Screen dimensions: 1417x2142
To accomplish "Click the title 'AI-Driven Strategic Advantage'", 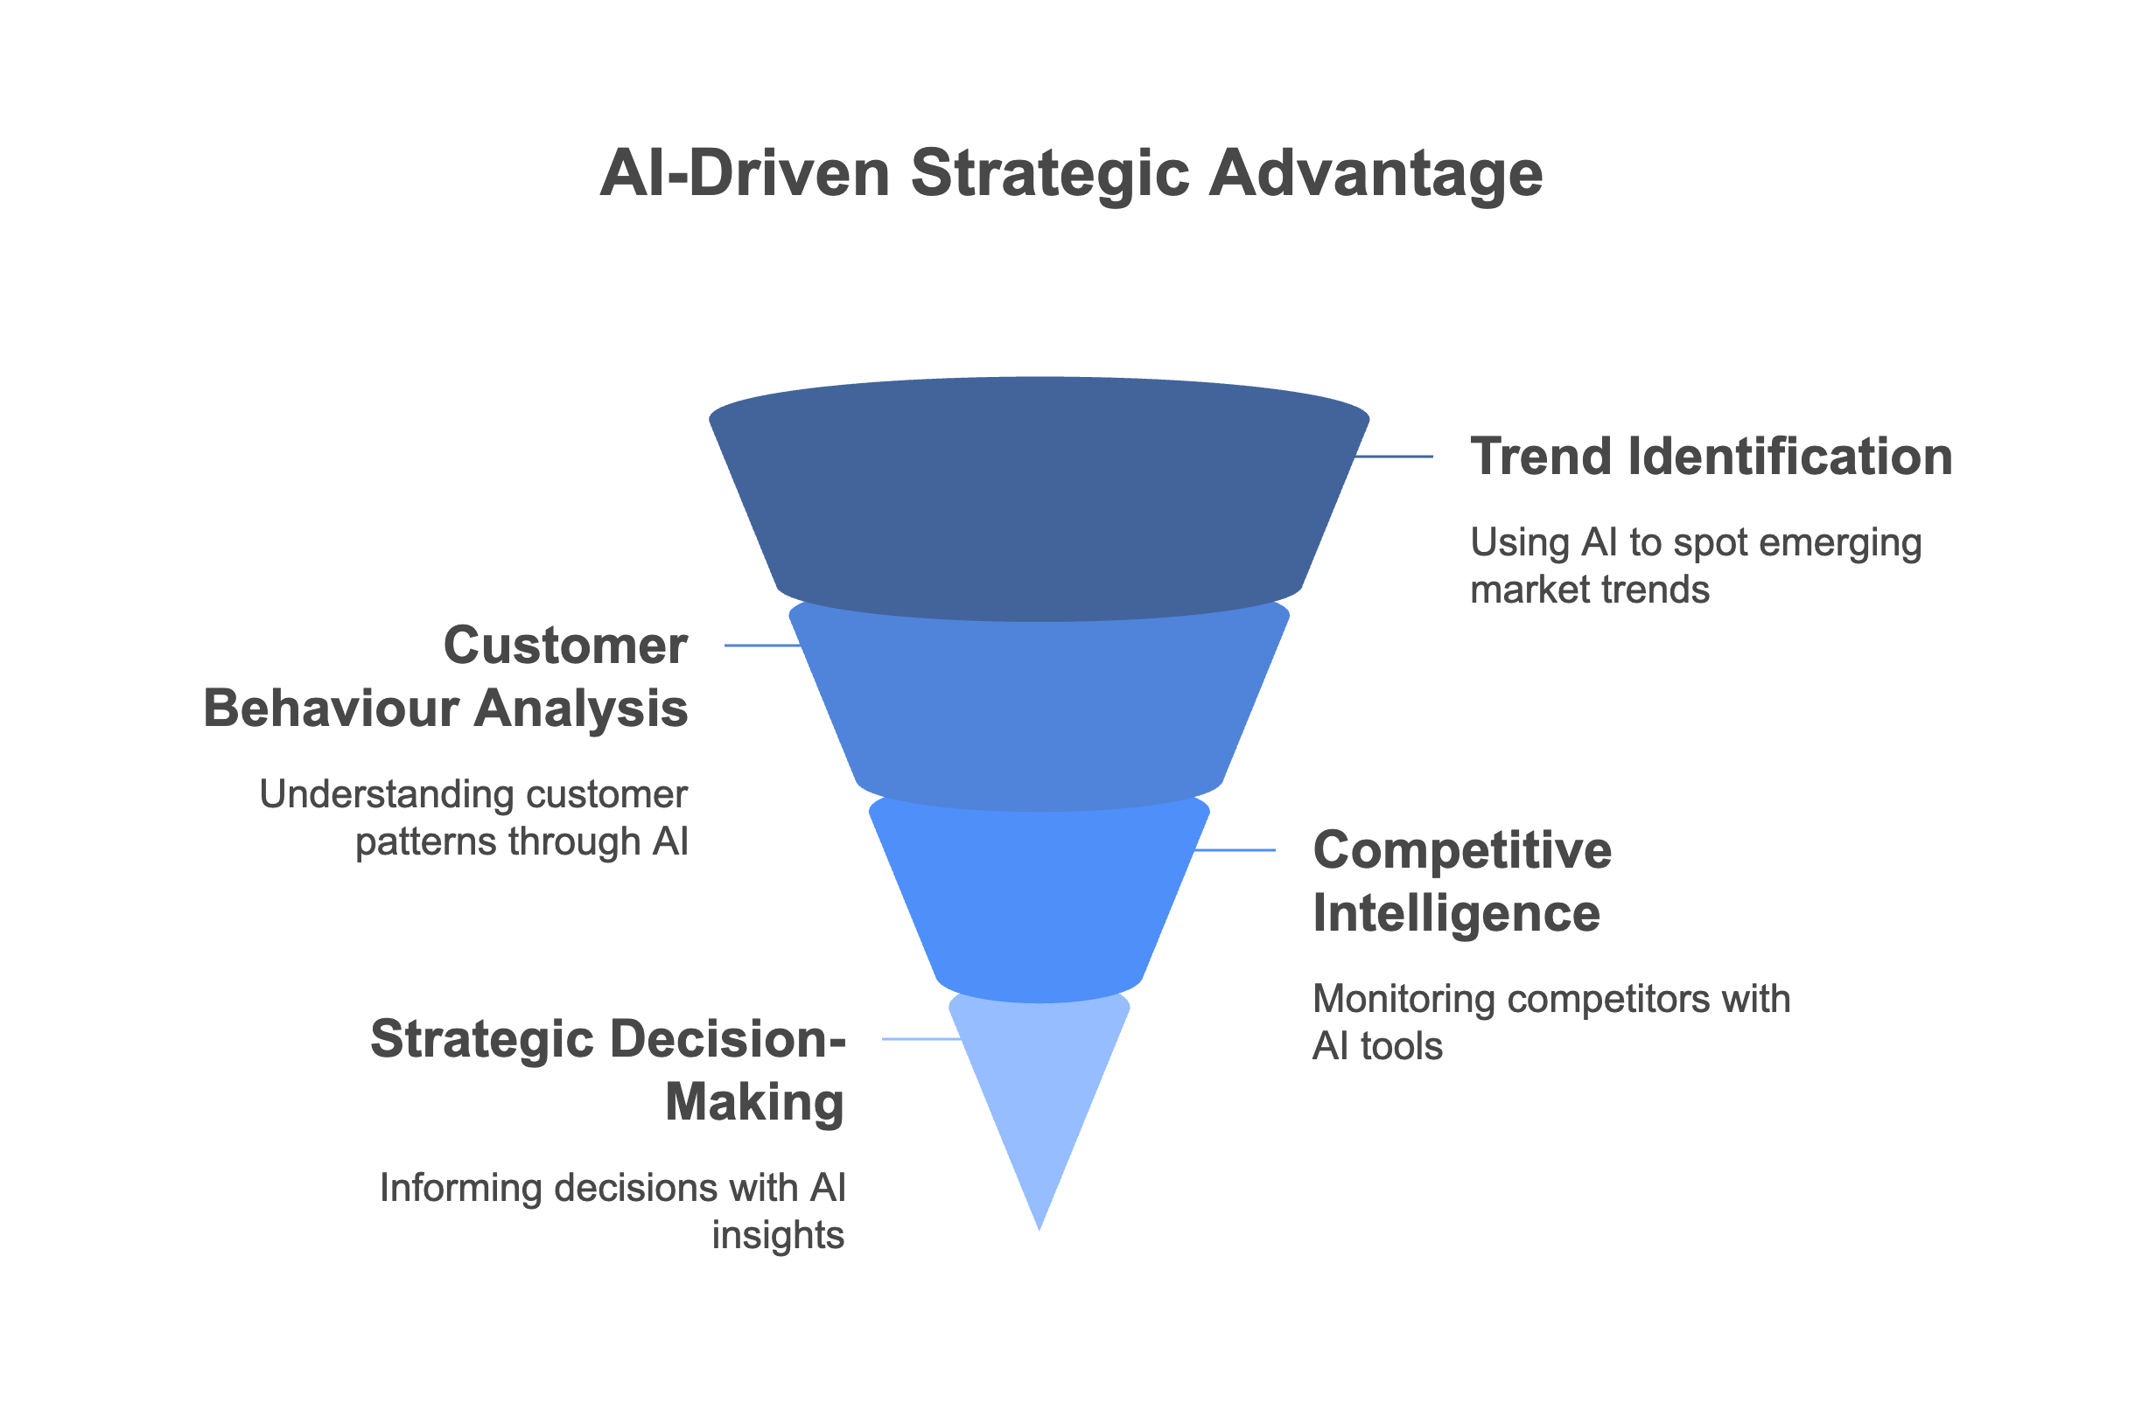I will pos(1071,172).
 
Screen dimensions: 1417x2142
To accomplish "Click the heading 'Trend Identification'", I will pos(1711,457).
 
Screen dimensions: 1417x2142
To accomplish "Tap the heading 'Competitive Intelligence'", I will pos(1461,881).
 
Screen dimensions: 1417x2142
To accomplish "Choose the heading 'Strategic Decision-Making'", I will pos(607,1070).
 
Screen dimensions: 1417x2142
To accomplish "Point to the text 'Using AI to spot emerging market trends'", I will pos(1696,566).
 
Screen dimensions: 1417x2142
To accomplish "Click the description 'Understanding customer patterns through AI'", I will pos(474,818).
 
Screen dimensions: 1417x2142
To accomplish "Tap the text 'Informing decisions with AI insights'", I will pos(612,1211).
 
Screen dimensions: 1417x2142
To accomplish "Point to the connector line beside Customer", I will pos(762,646).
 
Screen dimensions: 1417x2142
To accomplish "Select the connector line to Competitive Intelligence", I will pos(1235,850).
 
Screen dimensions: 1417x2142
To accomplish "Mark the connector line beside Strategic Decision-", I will pos(921,1039).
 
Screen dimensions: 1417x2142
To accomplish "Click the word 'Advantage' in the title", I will pos(1375,172).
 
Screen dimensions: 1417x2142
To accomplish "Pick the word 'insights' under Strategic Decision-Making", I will pos(778,1235).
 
